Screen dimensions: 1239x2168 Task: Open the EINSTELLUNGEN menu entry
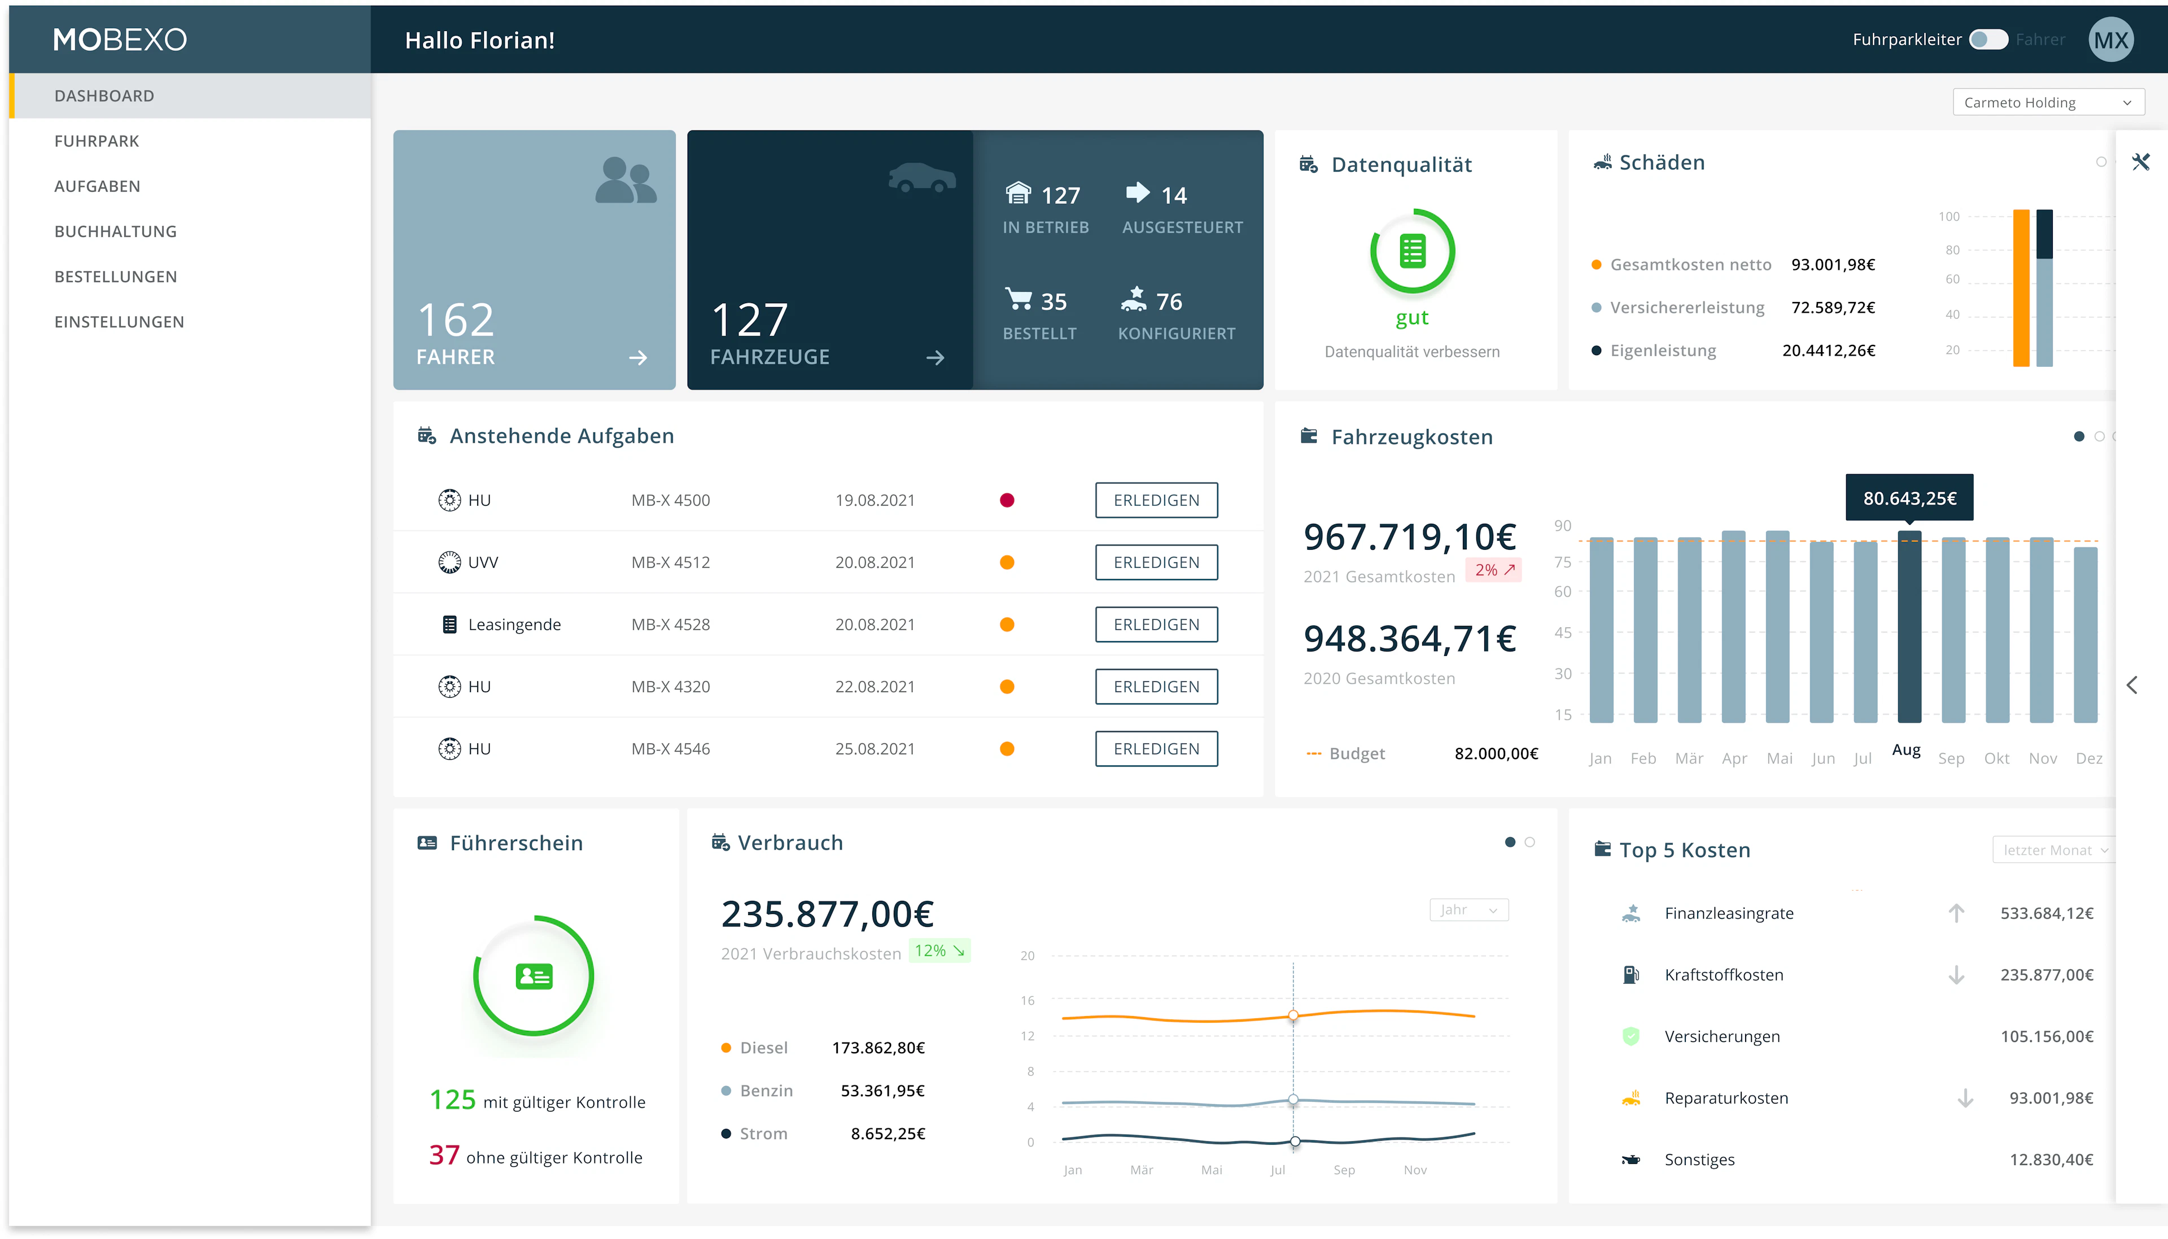tap(119, 322)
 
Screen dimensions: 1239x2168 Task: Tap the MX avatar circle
tap(2110, 40)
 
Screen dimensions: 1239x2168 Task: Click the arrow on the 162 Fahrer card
tap(637, 358)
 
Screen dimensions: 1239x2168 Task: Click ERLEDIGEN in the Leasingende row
tap(1156, 625)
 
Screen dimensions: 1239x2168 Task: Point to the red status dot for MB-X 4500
tap(1007, 500)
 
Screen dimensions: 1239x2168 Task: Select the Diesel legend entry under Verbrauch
tap(762, 1048)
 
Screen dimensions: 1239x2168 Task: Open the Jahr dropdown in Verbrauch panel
tap(1468, 910)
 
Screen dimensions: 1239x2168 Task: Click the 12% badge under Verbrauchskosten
tap(938, 951)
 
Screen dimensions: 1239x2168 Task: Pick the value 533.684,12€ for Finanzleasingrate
tap(2045, 913)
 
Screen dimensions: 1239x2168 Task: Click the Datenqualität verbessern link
tap(1411, 352)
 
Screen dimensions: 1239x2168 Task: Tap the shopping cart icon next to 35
tap(1017, 300)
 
